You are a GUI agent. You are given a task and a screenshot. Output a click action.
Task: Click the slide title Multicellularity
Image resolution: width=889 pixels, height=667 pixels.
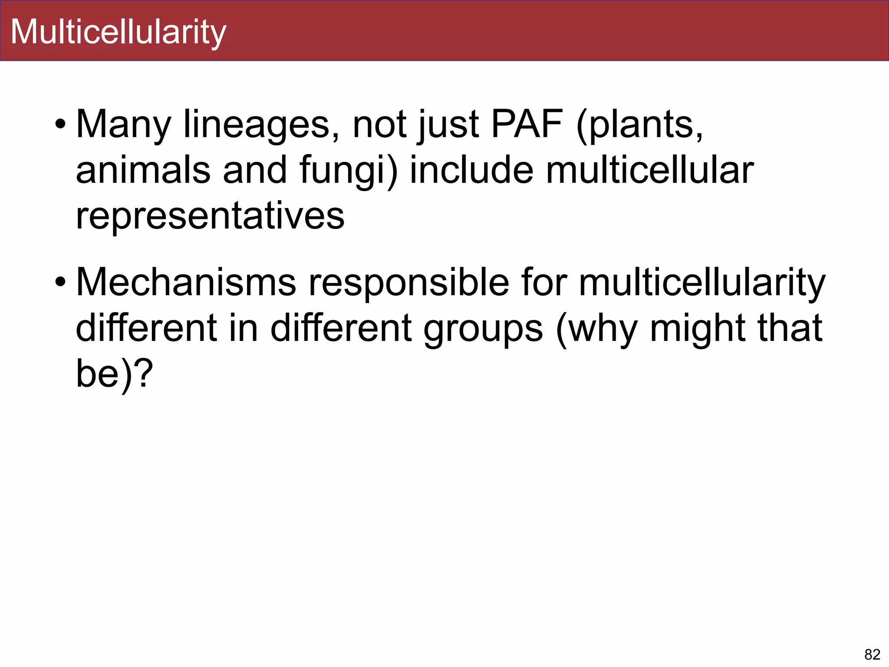point(118,32)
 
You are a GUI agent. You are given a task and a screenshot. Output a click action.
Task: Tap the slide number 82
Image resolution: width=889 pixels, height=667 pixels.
point(872,654)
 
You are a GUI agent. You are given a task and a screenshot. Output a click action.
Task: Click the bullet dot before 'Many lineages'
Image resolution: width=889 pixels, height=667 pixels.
point(60,125)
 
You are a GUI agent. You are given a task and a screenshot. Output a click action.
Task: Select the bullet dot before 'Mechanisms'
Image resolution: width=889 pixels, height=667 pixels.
point(60,283)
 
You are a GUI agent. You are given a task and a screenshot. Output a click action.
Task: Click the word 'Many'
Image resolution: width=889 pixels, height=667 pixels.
point(123,125)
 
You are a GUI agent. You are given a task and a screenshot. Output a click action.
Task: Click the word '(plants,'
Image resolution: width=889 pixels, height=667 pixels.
point(639,125)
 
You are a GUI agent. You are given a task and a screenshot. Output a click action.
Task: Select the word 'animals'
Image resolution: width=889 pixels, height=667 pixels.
point(143,170)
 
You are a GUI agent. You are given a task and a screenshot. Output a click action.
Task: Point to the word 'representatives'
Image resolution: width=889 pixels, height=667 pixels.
point(210,216)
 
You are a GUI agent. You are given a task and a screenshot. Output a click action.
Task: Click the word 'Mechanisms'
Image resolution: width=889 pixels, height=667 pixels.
point(186,283)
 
